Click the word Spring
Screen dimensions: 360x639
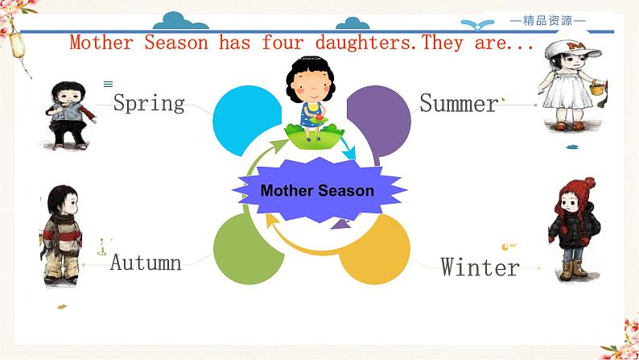click(149, 103)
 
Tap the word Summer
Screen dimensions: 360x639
click(459, 103)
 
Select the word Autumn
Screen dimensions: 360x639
click(146, 262)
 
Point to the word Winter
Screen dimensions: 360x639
click(480, 267)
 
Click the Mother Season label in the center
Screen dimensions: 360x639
click(317, 191)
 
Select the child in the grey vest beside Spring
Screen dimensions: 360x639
click(66, 114)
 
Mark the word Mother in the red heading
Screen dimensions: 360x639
click(102, 42)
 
